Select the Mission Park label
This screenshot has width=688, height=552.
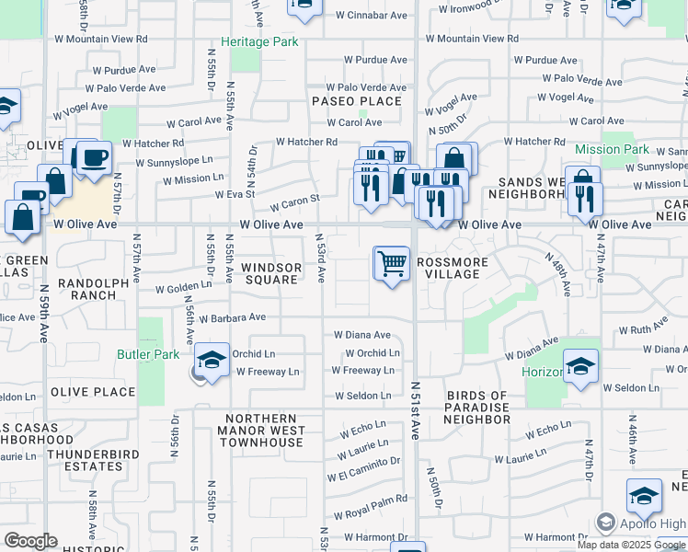(612, 149)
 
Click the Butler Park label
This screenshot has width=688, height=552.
(148, 354)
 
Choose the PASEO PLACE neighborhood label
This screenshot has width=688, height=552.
(357, 101)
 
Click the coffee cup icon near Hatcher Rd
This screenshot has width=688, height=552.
(93, 157)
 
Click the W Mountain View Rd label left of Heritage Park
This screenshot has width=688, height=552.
(102, 40)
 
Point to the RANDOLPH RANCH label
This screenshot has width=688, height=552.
(88, 289)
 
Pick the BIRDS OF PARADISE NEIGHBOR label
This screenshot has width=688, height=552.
(477, 408)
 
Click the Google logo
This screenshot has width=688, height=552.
(30, 541)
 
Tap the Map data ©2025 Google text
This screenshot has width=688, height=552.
(631, 545)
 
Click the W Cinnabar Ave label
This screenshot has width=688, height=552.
(371, 16)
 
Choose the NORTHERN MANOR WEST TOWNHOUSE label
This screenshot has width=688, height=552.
(262, 431)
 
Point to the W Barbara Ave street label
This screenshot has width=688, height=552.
(229, 317)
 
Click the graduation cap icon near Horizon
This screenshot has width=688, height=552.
(580, 366)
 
